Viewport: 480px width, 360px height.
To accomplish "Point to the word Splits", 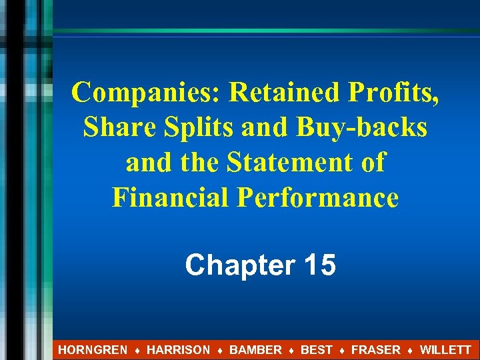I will (x=195, y=127).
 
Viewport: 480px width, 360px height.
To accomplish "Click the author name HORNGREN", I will (x=93, y=349).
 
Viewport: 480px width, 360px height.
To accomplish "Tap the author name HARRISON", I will (x=178, y=349).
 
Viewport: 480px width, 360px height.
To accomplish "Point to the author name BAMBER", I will (x=255, y=349).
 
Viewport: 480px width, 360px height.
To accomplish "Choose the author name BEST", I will (x=316, y=349).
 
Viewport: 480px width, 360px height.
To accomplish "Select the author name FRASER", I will (x=375, y=349).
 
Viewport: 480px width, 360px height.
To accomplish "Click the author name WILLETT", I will (x=445, y=349).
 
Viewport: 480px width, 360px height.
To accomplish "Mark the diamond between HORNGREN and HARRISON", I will (x=137, y=350).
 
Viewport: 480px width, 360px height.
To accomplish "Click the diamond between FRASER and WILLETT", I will (x=410, y=350).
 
